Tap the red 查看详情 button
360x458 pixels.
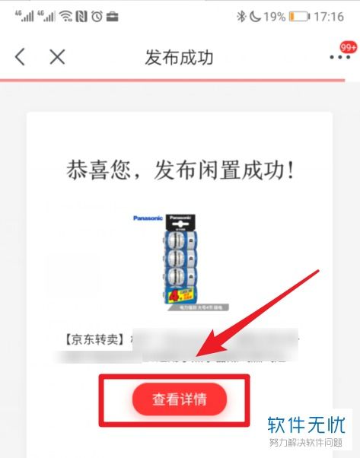coord(180,399)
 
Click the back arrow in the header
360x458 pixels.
coord(21,57)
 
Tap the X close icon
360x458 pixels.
coord(57,57)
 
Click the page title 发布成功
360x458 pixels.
coord(180,58)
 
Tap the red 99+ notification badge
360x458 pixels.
coord(349,48)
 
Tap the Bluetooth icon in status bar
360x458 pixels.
coord(241,16)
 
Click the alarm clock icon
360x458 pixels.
coord(96,16)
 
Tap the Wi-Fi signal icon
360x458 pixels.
coord(65,16)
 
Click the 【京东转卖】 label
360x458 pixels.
coord(92,338)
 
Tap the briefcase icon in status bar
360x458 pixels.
coord(113,16)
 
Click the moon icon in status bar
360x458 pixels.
coord(256,16)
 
